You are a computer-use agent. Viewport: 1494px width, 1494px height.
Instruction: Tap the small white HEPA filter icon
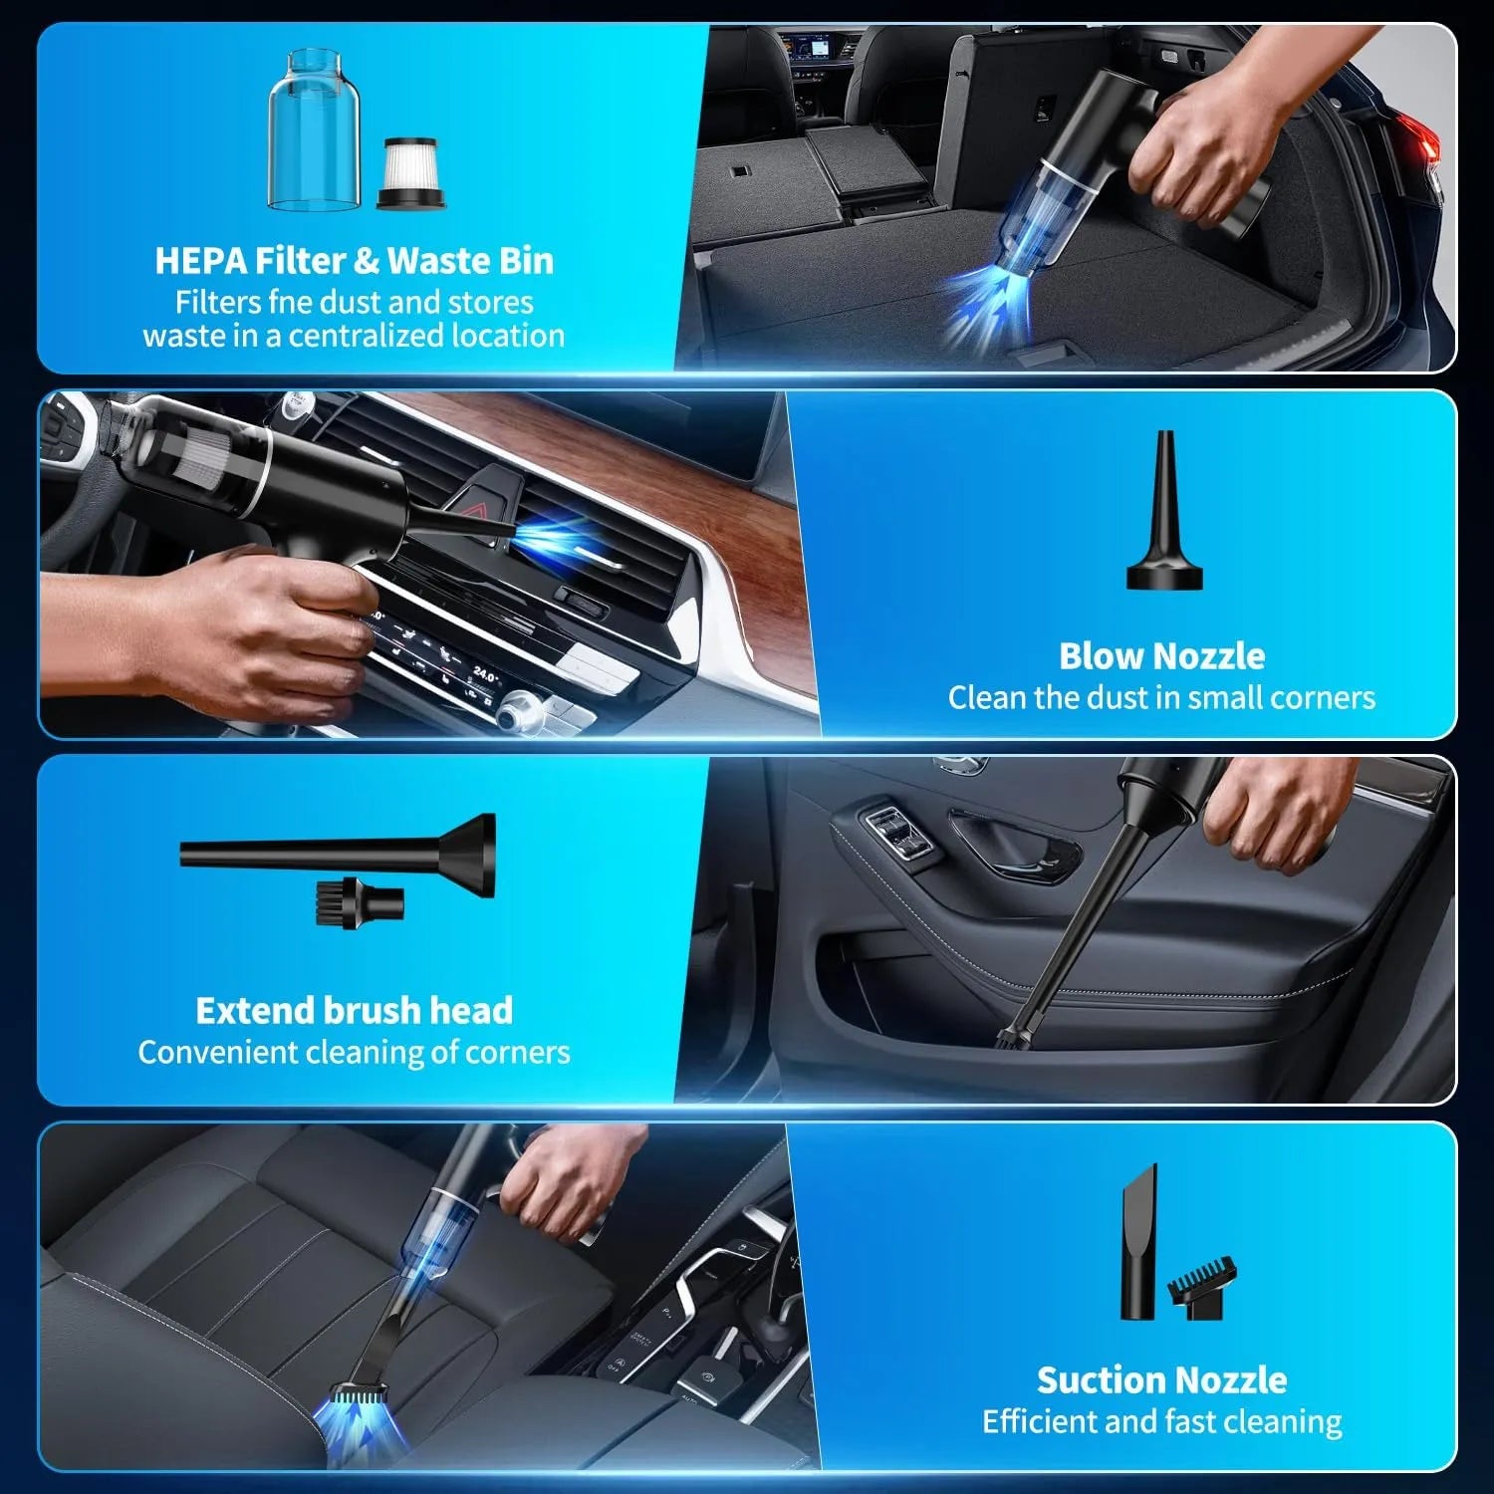(x=411, y=173)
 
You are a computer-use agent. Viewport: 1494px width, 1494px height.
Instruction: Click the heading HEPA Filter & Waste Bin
(x=354, y=261)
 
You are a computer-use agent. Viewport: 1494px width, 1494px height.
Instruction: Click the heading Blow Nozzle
(x=1161, y=656)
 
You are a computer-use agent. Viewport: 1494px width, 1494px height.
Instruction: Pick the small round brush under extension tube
(x=361, y=903)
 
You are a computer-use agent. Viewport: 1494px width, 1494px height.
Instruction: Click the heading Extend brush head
(x=354, y=1010)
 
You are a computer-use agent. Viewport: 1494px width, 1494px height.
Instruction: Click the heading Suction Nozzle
(x=1161, y=1379)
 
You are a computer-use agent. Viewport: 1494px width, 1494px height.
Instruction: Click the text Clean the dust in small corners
(x=1161, y=698)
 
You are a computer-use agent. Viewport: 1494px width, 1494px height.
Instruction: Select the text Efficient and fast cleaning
(x=1161, y=1421)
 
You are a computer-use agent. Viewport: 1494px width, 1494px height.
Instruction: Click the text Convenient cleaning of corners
(x=354, y=1052)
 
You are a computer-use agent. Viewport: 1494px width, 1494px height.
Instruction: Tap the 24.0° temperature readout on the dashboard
(x=485, y=674)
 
